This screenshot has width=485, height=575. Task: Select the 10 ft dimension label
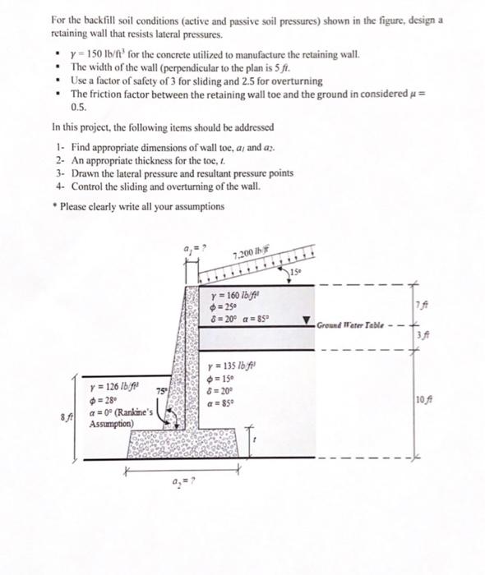tap(423, 400)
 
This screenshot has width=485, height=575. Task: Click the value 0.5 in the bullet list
tap(79, 107)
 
